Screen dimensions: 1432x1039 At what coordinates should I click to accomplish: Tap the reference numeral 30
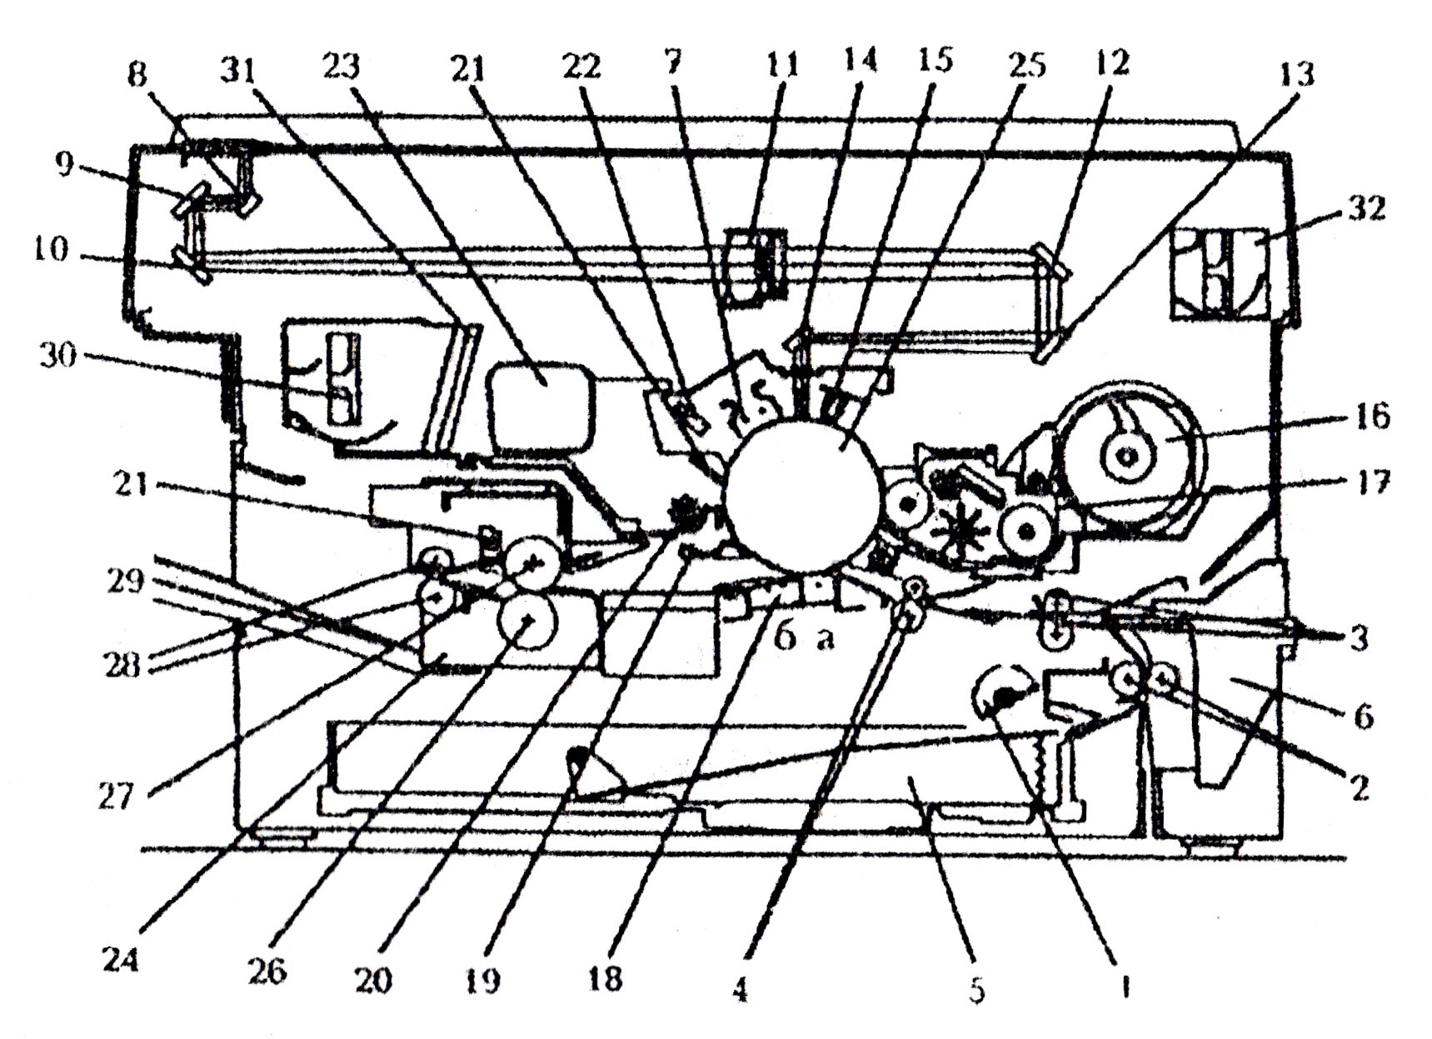pos(57,356)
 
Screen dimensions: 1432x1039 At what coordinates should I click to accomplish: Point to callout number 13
pos(1296,74)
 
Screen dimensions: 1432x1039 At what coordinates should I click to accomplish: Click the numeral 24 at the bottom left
pos(120,961)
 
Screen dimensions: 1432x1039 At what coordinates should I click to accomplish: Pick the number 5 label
pos(977,990)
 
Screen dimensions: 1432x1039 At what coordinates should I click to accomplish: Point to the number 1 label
pos(1125,988)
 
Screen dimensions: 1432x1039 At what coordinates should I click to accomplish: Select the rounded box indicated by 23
pos(542,408)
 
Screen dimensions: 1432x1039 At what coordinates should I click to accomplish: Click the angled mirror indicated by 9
pos(188,203)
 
